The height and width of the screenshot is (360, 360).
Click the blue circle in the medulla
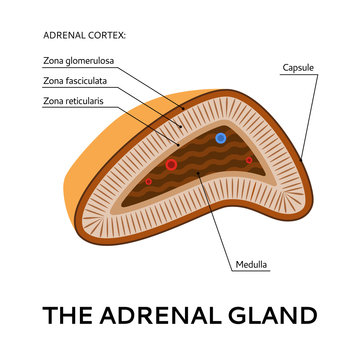pyautogui.click(x=221, y=138)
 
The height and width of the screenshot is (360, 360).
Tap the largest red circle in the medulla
pyautogui.click(x=171, y=164)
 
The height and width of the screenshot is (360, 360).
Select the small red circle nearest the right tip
pyautogui.click(x=249, y=159)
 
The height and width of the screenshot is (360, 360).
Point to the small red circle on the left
pyautogui.click(x=149, y=181)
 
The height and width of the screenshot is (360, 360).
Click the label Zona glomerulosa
pyautogui.click(x=79, y=60)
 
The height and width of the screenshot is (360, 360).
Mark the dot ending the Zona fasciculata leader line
pyautogui.click(x=181, y=128)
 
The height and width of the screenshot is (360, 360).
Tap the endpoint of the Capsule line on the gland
pyautogui.click(x=301, y=158)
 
